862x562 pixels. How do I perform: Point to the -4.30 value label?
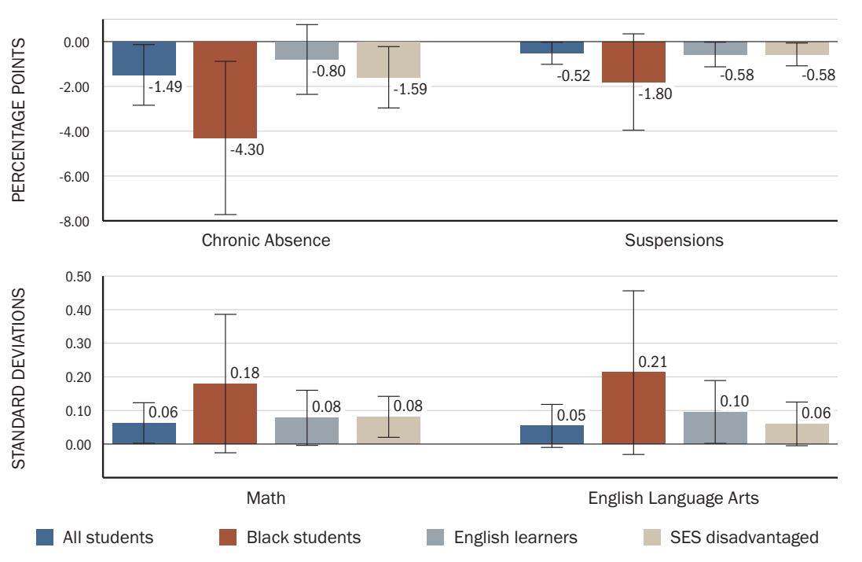pos(247,149)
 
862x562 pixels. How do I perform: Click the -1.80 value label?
pos(655,94)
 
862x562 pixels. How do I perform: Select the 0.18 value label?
pos(244,373)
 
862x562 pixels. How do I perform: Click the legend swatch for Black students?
pos(228,538)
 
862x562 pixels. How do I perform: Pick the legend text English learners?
pos(515,538)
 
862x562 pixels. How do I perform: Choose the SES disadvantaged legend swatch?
pos(651,538)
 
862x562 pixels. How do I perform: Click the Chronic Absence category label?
pos(266,241)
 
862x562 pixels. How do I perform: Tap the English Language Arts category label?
pos(673,498)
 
